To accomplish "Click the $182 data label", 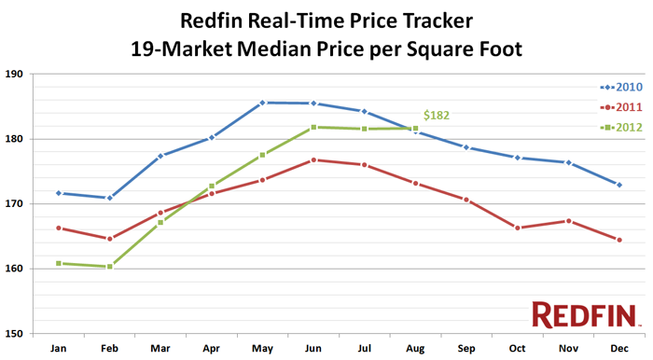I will [436, 115].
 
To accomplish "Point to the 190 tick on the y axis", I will [17, 75].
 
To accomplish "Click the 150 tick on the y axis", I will [17, 333].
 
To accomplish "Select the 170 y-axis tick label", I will [17, 203].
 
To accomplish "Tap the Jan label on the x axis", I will [59, 348].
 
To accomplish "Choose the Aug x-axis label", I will [415, 348].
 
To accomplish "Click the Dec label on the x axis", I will [618, 348].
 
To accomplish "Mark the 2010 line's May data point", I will [262, 103].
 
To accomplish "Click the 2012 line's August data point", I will [415, 128].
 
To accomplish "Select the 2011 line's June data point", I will [313, 159].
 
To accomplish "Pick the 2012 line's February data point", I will [110, 267].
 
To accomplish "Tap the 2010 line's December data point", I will [618, 185].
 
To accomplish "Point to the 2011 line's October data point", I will [517, 228].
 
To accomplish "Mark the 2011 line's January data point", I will [59, 228].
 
